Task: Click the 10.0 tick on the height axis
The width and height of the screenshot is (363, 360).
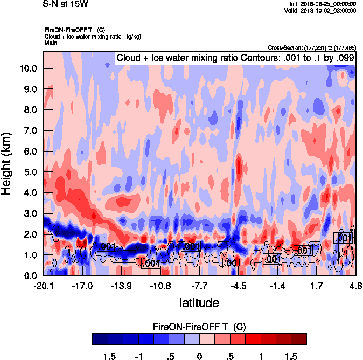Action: click(x=27, y=68)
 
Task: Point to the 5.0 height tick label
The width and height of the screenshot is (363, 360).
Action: click(x=30, y=172)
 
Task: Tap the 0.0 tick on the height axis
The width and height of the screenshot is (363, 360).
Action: click(x=30, y=276)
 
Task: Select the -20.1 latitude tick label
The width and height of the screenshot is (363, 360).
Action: click(x=43, y=285)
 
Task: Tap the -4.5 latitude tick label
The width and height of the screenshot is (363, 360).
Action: click(x=239, y=285)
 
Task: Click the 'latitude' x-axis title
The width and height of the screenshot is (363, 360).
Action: click(x=199, y=303)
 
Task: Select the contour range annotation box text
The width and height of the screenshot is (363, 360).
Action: click(x=235, y=57)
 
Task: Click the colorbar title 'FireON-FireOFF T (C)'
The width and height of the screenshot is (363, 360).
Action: click(x=199, y=327)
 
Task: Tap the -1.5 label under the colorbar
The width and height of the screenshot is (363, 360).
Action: click(x=108, y=357)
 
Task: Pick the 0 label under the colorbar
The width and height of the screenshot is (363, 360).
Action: click(x=199, y=357)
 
